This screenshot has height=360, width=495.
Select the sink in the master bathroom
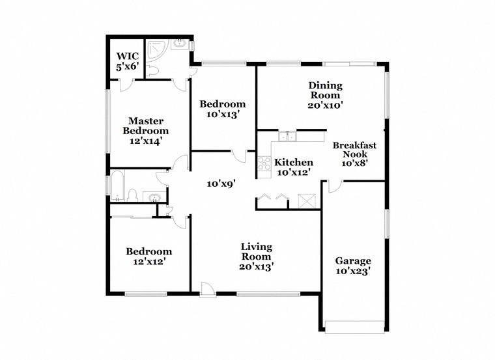pyautogui.click(x=179, y=46)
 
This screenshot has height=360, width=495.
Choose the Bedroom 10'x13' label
pyautogui.click(x=222, y=109)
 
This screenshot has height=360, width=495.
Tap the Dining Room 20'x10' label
pyautogui.click(x=325, y=94)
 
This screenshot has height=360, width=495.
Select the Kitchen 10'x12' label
pyautogui.click(x=293, y=167)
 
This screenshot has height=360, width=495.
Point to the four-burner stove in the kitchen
pyautogui.click(x=264, y=164)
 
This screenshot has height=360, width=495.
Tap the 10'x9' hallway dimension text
pyautogui.click(x=220, y=184)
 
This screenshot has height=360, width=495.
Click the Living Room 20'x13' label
pyautogui.click(x=256, y=256)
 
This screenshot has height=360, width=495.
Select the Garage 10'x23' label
pyautogui.click(x=353, y=266)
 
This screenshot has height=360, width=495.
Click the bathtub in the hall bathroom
pyautogui.click(x=118, y=186)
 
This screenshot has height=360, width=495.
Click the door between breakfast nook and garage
pyautogui.click(x=332, y=187)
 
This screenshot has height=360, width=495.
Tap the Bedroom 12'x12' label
pyautogui.click(x=149, y=256)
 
